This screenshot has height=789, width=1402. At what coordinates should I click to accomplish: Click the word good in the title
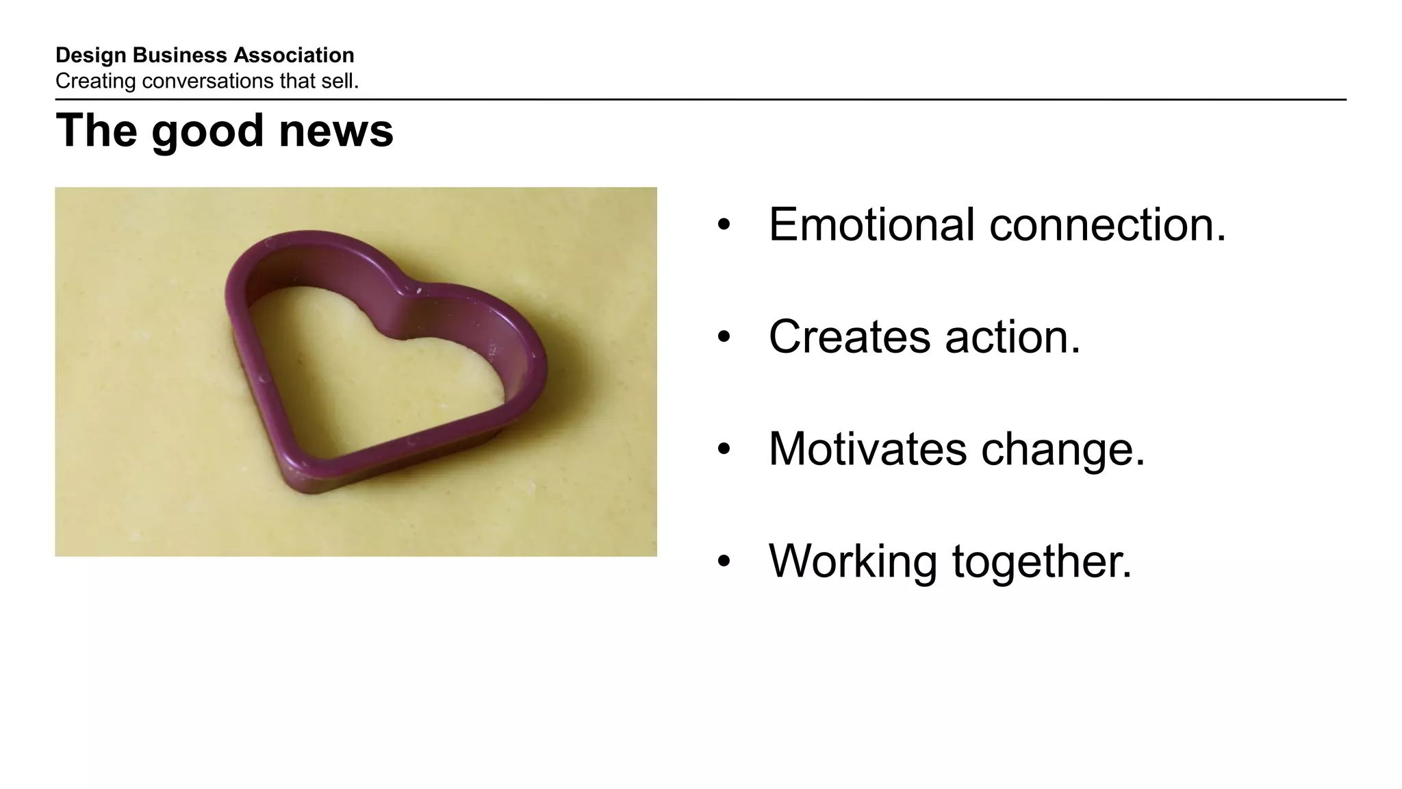207,131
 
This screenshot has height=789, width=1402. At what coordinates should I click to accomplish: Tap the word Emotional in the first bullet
871,225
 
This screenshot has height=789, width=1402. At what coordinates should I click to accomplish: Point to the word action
1012,337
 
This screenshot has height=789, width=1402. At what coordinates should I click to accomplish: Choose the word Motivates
867,449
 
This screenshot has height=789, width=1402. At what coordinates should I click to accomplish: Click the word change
1062,451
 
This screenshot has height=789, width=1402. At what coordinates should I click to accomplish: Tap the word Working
853,562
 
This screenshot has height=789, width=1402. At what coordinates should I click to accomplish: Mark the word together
1042,562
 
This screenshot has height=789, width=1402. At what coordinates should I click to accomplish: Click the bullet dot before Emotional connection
724,225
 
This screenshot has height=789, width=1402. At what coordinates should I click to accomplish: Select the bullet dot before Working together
724,562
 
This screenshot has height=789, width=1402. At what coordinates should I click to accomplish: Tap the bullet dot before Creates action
724,338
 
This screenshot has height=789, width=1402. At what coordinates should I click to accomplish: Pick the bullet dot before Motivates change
724,450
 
